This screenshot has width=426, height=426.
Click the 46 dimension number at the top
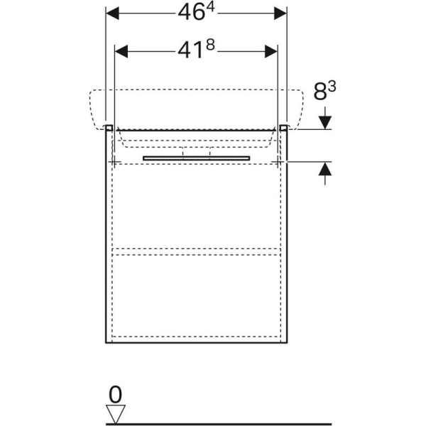point(191,13)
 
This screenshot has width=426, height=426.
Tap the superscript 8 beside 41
point(210,45)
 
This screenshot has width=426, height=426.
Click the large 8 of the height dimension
point(320,92)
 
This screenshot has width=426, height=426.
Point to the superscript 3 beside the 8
point(332,87)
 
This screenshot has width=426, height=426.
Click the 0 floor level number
point(115,395)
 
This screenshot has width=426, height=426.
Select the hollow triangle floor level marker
point(116,414)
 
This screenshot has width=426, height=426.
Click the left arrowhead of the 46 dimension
point(112,13)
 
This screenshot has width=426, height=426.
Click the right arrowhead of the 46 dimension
point(280,13)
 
